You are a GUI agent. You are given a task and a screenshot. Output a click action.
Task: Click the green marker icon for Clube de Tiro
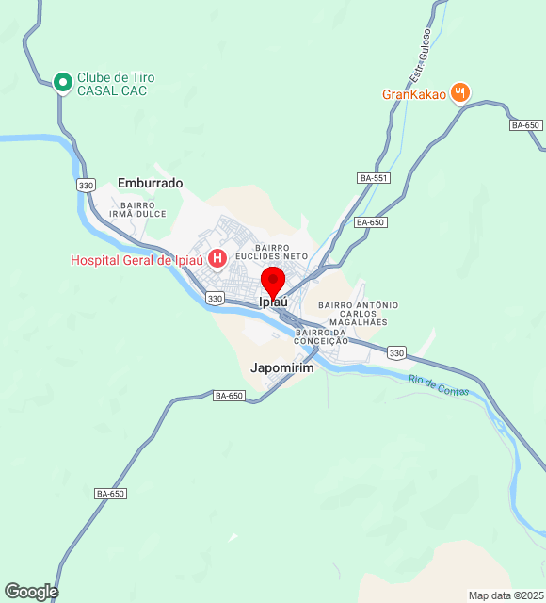[x=63, y=83]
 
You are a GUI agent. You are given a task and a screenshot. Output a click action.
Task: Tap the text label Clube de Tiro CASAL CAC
[x=116, y=84]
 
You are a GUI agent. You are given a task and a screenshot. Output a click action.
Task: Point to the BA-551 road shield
[x=374, y=178]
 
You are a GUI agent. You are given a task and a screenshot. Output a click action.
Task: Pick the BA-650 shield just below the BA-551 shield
[x=371, y=222]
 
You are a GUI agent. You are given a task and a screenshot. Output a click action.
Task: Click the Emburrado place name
[x=151, y=183]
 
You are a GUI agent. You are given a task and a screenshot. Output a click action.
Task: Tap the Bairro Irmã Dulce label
[x=137, y=209]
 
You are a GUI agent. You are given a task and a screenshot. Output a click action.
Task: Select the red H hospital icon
[x=217, y=258]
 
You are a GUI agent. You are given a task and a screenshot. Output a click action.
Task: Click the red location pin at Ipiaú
[x=273, y=282]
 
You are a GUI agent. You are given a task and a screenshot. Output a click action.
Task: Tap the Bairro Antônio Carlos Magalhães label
[x=359, y=314]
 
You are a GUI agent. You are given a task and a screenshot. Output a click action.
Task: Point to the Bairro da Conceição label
[x=322, y=336]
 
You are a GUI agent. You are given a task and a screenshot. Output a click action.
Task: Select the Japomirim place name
[x=282, y=367]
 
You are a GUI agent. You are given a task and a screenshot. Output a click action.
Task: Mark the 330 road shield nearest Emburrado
[x=87, y=186]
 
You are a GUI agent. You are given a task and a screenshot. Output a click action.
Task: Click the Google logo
[x=30, y=591]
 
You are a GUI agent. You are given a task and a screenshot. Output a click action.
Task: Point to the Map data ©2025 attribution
[x=506, y=595]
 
